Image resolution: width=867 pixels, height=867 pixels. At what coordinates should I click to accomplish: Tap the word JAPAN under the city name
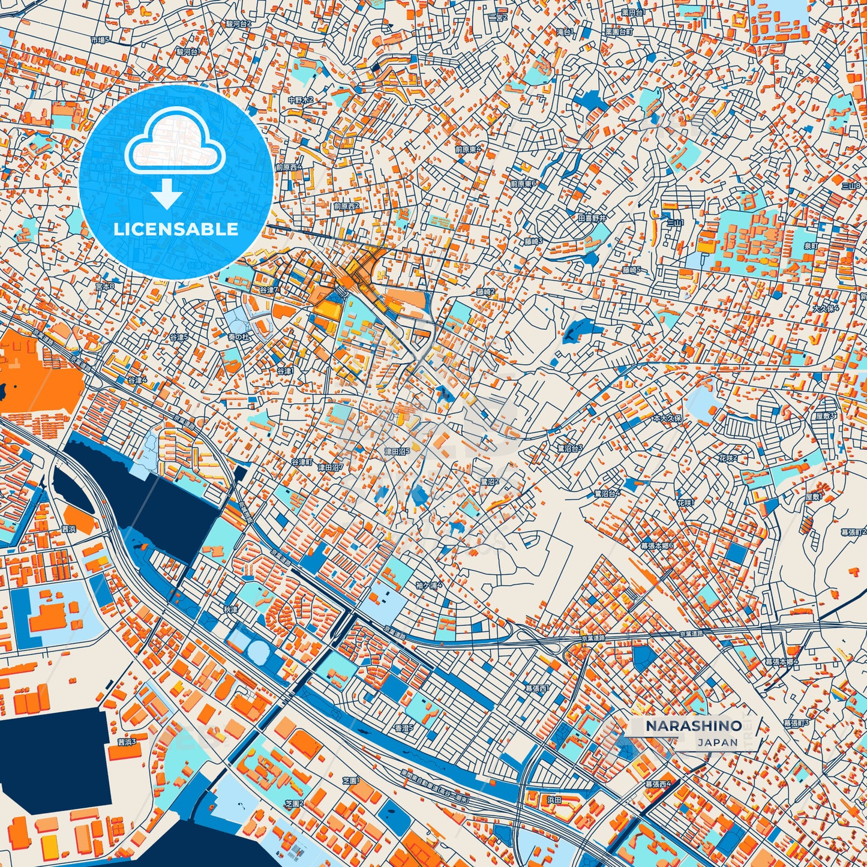[x=718, y=742]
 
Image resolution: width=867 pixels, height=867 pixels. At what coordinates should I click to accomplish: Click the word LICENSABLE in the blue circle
[x=176, y=229]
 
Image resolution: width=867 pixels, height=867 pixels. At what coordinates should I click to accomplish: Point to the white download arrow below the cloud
[x=167, y=195]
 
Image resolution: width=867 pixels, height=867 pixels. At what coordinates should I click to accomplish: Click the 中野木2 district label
[x=301, y=100]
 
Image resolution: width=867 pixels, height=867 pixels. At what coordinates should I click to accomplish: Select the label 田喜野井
[x=592, y=218]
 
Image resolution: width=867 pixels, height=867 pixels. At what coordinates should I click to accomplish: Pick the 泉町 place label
[x=811, y=245]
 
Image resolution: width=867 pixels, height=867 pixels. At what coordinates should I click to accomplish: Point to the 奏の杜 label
[x=238, y=337]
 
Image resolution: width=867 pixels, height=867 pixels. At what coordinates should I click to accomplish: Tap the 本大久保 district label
[x=667, y=418]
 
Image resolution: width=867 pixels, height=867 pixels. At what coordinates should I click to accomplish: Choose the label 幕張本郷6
[x=657, y=546]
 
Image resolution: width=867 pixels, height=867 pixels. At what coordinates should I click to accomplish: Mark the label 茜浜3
[x=127, y=742]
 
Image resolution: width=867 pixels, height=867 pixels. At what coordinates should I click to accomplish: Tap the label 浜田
[x=554, y=800]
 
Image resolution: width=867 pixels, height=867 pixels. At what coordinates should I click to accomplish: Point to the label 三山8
[x=850, y=186]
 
